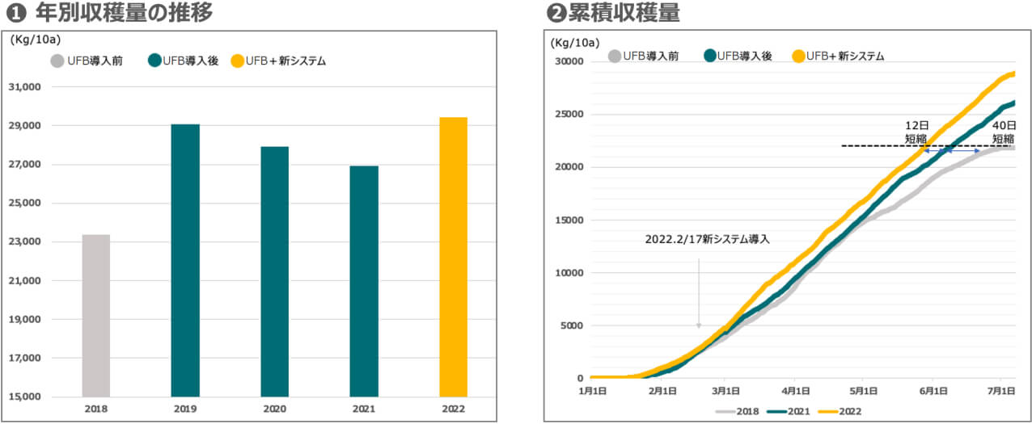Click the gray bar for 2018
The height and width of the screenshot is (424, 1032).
(96, 315)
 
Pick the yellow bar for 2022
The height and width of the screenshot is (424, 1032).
(453, 257)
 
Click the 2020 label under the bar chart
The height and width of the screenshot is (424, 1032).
(274, 409)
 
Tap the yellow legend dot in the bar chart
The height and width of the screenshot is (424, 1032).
(237, 61)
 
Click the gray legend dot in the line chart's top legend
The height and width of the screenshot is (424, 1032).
(615, 56)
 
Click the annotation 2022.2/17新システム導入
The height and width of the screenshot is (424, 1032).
(707, 240)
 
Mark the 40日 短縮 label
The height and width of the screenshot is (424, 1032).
(1004, 132)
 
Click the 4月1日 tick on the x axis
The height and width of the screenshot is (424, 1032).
(796, 390)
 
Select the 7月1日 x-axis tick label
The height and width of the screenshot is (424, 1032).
(1002, 390)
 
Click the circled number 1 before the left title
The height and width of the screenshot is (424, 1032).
(12, 14)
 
